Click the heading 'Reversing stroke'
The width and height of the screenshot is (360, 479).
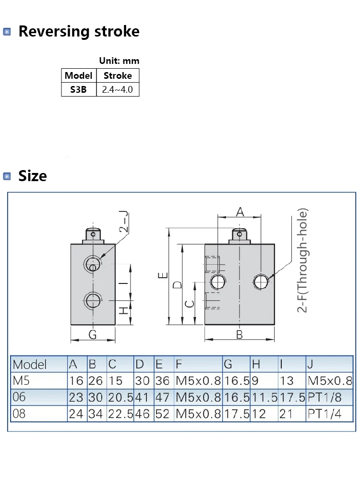tap(79, 31)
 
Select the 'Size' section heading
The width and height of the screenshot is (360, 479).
tap(33, 176)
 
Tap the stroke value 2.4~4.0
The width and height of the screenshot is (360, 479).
tap(118, 89)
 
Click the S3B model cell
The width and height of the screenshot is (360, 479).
tap(78, 89)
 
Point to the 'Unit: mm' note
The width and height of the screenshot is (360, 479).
tap(119, 61)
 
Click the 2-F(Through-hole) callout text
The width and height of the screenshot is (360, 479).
tap(302, 260)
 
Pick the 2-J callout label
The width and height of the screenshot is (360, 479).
tap(124, 222)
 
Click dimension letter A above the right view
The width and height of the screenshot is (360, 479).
tap(240, 211)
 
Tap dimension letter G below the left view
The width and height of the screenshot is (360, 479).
tap(93, 334)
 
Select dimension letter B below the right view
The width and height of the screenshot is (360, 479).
tap(240, 334)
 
